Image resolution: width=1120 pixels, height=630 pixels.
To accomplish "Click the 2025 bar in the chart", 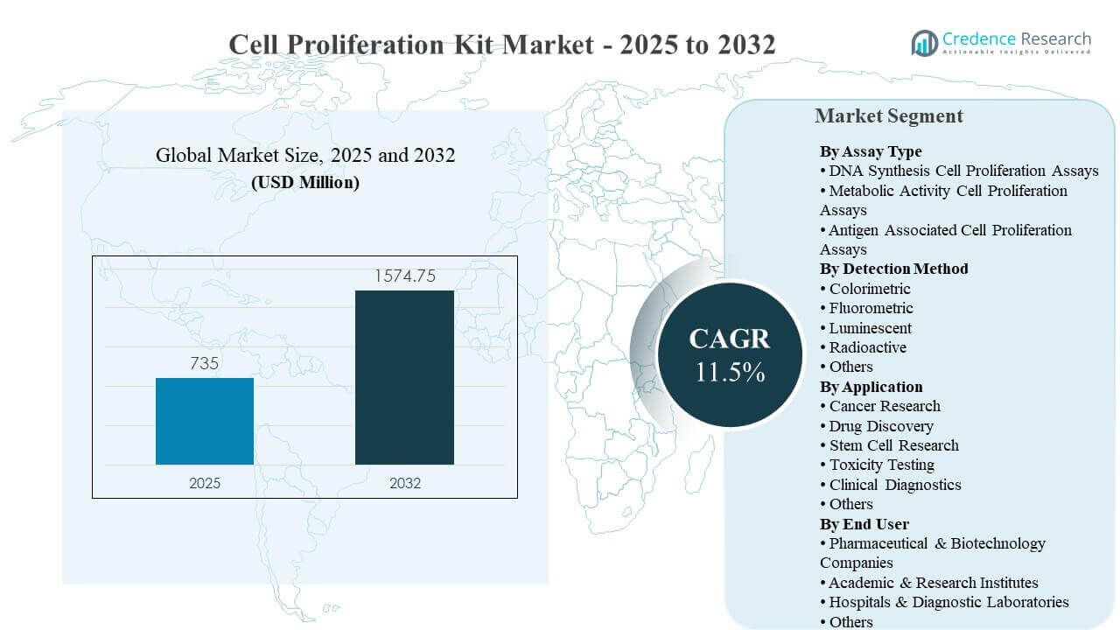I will click(205, 421).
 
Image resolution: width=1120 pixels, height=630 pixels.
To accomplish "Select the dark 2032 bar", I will click(404, 377).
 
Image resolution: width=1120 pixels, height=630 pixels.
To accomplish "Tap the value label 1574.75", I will click(404, 276).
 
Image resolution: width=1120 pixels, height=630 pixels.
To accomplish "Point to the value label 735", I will click(205, 363).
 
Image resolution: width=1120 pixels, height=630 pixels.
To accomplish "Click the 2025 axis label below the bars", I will click(205, 483).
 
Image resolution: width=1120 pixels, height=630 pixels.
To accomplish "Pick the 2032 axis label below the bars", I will click(404, 483).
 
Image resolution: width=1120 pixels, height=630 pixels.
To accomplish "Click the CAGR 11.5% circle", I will click(729, 355).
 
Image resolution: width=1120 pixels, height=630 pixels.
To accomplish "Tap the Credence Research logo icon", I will click(924, 42).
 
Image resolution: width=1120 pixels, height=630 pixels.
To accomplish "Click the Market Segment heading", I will click(888, 116).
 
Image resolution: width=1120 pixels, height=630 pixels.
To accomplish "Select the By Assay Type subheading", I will click(871, 151).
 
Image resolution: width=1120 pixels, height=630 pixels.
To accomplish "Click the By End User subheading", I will click(864, 524).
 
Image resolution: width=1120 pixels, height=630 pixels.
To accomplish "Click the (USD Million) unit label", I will click(305, 183).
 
